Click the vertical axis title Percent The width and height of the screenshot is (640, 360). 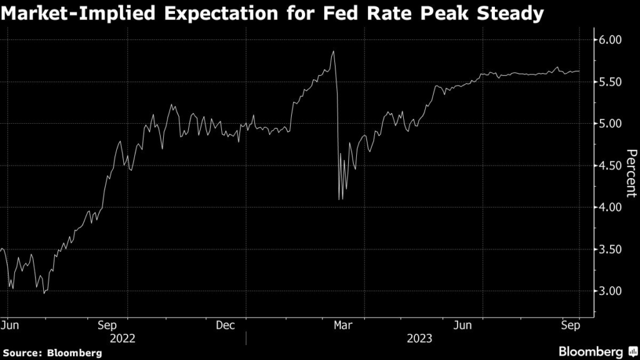631,173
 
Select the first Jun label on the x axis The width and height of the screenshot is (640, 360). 11,325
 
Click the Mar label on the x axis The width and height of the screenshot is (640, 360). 342,325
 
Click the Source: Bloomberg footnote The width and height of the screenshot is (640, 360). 52,353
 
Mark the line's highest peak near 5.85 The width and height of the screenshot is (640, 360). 334,51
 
